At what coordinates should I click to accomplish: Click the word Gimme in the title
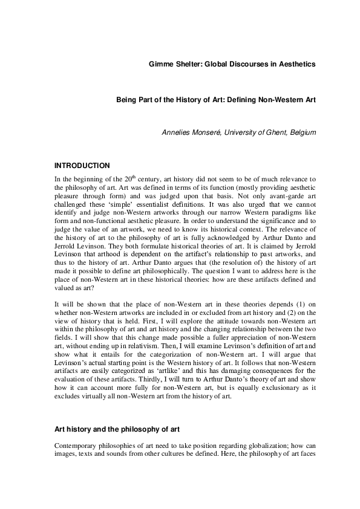click(162, 63)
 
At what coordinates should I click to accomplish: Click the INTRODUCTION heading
click(82, 165)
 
